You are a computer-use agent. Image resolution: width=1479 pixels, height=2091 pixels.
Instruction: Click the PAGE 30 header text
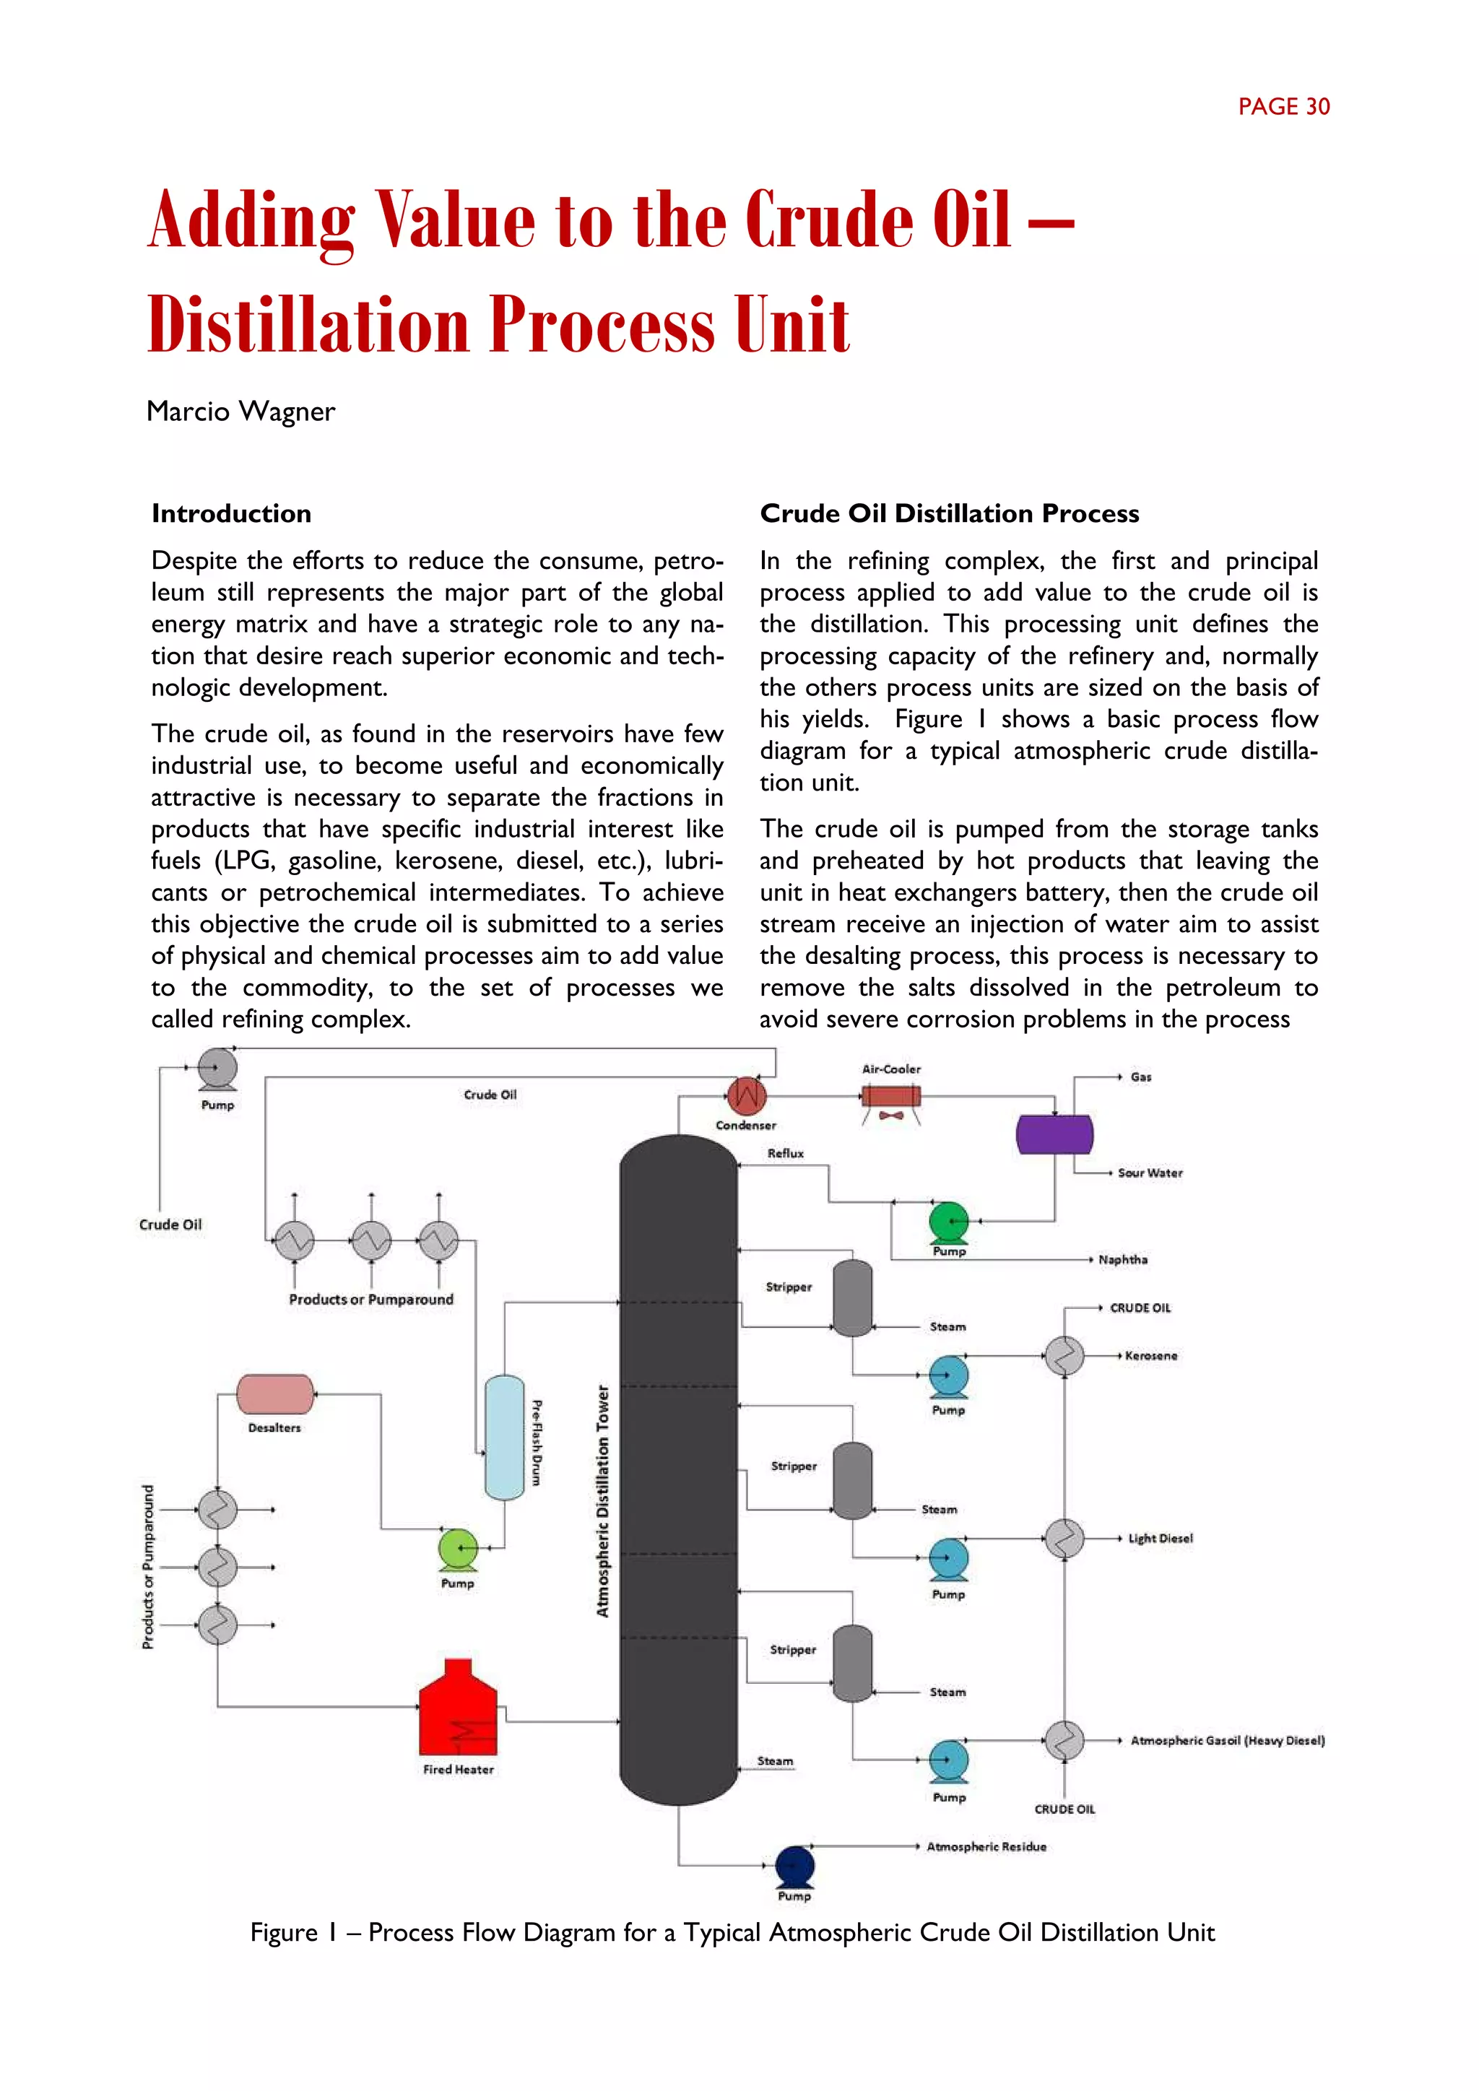pos(1283,108)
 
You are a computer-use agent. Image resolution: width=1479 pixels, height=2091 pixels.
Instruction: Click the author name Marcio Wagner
pos(240,412)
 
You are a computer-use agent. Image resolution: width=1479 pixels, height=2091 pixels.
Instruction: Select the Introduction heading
pos(231,513)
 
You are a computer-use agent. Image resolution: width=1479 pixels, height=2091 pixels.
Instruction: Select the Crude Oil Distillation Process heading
pos(949,513)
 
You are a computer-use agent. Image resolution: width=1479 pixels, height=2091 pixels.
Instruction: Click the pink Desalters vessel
pos(275,1394)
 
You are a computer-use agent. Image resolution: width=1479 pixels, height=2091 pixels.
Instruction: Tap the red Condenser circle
pos(746,1097)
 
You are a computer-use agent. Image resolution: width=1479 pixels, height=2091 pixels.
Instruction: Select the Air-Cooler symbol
pos(890,1097)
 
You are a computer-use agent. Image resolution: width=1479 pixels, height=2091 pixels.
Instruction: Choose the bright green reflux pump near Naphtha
pos(949,1221)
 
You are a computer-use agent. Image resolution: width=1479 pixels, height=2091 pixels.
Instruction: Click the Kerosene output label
pos(1151,1355)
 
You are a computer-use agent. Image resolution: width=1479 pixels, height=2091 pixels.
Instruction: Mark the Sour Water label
pos(1150,1173)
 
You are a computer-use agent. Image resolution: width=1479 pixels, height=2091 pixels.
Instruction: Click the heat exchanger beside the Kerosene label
pos(1063,1356)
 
